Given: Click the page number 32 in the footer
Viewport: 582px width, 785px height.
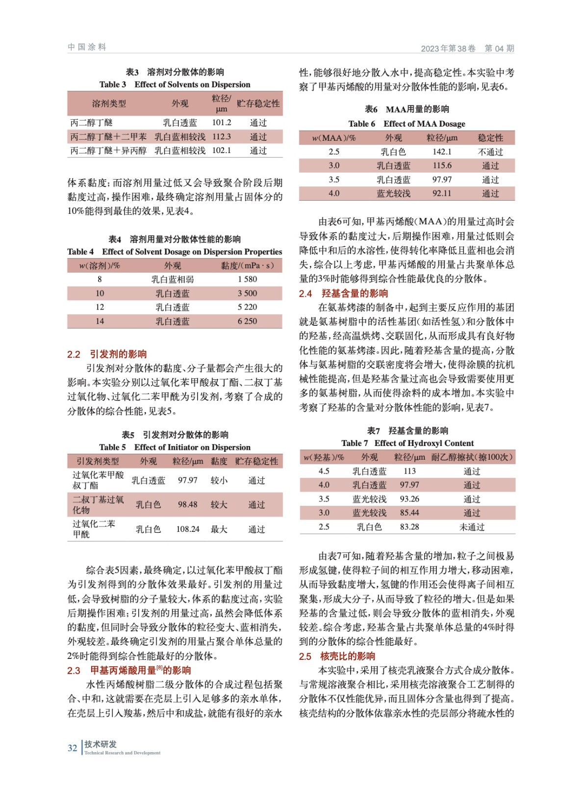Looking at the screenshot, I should (72, 748).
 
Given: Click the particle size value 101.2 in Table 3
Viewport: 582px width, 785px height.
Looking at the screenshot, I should (222, 123).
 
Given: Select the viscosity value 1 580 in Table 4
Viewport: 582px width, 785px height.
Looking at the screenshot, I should (247, 279).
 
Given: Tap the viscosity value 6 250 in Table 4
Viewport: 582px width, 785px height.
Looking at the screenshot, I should (247, 321).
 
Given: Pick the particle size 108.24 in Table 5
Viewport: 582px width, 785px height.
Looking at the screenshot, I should (188, 529).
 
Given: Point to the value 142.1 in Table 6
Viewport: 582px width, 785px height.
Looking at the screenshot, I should (442, 152).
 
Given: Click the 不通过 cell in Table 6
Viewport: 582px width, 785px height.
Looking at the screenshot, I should (490, 152).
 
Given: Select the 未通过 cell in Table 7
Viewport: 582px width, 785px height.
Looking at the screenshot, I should (472, 527).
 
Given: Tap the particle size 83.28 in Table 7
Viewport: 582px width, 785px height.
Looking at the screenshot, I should (409, 527).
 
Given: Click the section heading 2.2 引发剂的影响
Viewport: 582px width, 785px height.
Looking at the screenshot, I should (107, 354).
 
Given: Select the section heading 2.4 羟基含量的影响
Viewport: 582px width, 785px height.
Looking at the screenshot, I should (343, 293).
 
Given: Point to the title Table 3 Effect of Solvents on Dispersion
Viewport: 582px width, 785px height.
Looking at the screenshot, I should (175, 84).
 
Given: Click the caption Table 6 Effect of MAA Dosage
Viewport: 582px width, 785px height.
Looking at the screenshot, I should (406, 124).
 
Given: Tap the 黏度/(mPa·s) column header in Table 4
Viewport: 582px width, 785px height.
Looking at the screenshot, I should (247, 265).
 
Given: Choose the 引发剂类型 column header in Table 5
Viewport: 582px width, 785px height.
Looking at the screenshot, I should (98, 461).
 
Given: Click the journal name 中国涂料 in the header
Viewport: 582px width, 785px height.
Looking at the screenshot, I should (87, 47).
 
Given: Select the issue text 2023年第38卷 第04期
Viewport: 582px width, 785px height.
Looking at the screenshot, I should (467, 48).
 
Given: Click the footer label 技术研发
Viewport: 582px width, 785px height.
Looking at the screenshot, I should (101, 744).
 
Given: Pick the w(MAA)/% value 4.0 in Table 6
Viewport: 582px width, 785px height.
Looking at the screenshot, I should (334, 194).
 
